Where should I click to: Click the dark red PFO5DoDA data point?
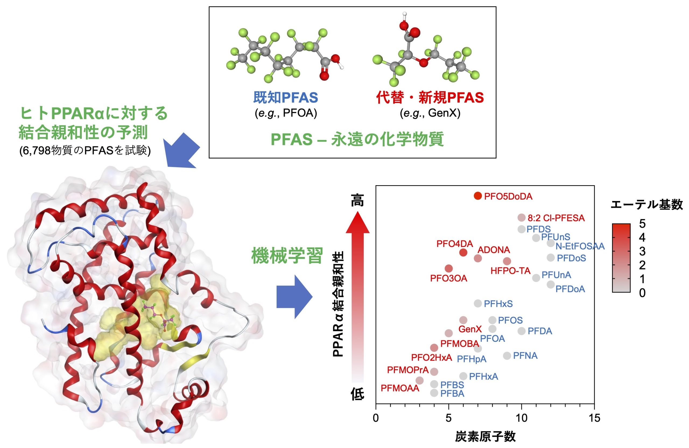(478, 196)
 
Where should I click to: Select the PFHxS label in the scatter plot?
(498, 304)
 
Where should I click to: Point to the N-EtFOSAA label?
(580, 246)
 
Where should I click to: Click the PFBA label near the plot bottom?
(452, 393)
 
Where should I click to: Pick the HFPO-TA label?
(510, 271)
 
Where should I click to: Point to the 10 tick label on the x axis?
(521, 418)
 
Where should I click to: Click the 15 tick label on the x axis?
(594, 418)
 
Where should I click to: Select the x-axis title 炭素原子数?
(486, 436)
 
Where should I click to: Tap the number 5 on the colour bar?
(642, 224)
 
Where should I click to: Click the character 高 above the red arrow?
(357, 200)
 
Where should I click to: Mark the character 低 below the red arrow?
(357, 394)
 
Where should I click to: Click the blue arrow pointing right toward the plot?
(294, 297)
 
